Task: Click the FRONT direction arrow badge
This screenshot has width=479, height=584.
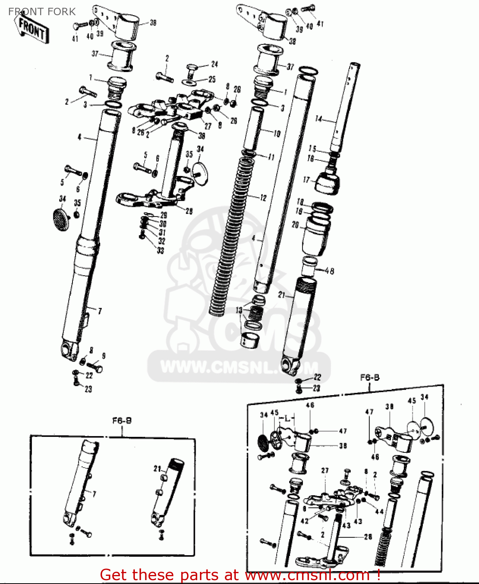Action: (x=34, y=28)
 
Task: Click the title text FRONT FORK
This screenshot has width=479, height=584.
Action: (x=42, y=12)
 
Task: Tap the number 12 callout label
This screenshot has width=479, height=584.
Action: (x=263, y=198)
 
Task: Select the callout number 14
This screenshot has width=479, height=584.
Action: (x=319, y=119)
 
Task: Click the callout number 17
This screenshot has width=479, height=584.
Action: (x=306, y=180)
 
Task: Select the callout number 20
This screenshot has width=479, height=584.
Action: (x=295, y=225)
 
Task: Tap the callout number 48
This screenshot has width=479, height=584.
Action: (x=329, y=271)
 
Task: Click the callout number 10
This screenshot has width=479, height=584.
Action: (x=277, y=134)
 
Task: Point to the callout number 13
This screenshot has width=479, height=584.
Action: (x=239, y=310)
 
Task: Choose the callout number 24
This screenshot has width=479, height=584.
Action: (x=215, y=64)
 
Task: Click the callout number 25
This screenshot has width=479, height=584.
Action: (x=212, y=79)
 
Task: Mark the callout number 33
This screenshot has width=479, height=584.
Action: (x=161, y=251)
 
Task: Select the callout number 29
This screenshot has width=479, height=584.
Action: (x=164, y=215)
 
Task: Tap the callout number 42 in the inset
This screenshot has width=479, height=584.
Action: (x=305, y=521)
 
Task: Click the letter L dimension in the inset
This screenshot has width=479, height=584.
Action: (x=287, y=419)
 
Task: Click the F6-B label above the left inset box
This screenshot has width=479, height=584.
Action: (x=122, y=420)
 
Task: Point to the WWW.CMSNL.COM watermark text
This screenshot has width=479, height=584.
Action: (x=239, y=367)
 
